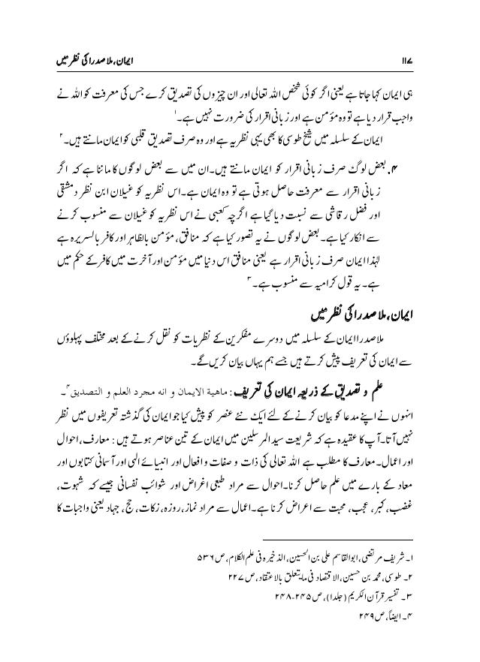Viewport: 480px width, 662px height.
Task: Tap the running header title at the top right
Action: coord(375,59)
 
